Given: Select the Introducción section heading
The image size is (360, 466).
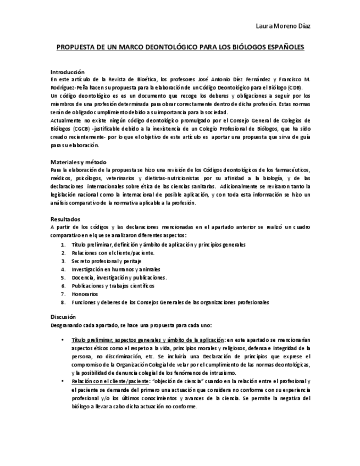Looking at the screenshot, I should (x=67, y=72).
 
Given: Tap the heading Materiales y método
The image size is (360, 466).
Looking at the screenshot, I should (x=78, y=162).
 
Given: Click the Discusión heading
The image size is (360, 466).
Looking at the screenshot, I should (x=63, y=317).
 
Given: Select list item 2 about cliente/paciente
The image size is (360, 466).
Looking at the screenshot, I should (x=113, y=253).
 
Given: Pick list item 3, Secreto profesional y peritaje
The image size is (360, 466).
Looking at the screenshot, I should (x=106, y=261).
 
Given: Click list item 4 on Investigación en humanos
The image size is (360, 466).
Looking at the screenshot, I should (x=115, y=269).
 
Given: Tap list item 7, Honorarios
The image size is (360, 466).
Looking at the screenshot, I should (x=85, y=294).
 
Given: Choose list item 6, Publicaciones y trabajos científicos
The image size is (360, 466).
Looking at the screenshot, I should (x=113, y=286).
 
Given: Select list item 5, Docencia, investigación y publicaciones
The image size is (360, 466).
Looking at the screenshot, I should (x=119, y=278).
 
